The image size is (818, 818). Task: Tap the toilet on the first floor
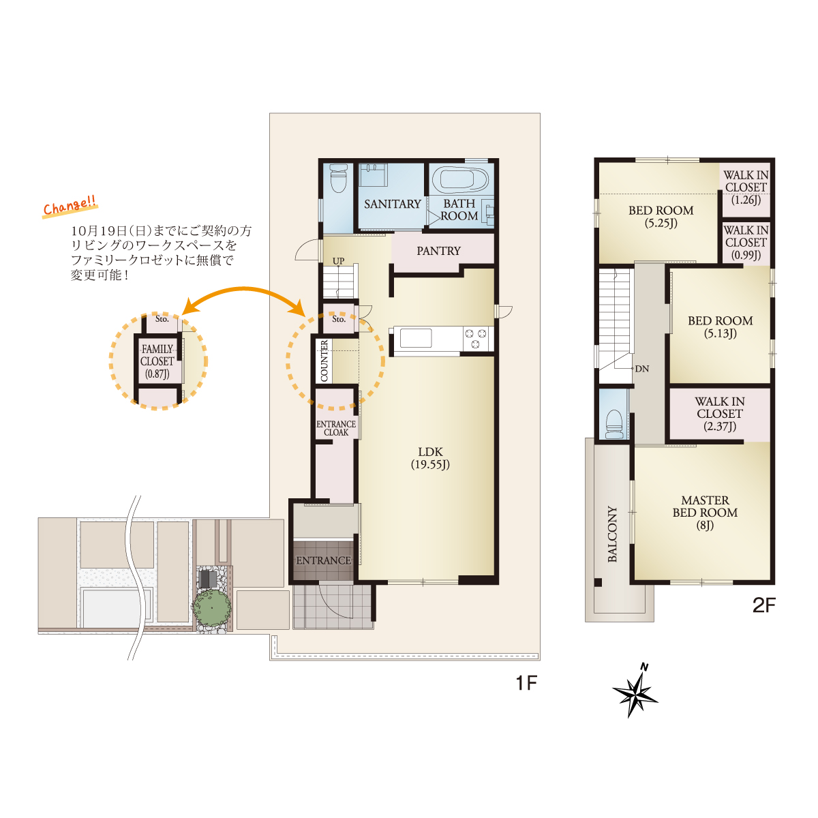click(x=338, y=179)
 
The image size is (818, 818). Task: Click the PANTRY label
click(x=438, y=251)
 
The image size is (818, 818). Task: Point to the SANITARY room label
click(x=392, y=204)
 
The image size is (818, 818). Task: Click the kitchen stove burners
click(x=475, y=339)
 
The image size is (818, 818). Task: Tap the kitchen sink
click(x=416, y=339)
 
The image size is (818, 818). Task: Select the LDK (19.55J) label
click(x=430, y=458)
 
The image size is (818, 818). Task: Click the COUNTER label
click(x=324, y=361)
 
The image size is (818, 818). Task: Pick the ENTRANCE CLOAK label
click(x=336, y=428)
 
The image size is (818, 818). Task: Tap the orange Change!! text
click(x=70, y=207)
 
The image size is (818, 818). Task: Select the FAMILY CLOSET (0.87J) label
click(x=157, y=361)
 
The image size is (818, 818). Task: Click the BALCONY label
click(x=612, y=534)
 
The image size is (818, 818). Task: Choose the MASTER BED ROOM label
click(x=705, y=513)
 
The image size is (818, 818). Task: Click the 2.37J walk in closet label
click(x=720, y=414)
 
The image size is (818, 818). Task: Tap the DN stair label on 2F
click(x=642, y=369)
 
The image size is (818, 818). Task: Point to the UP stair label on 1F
click(x=338, y=261)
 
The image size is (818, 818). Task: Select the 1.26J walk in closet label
click(x=746, y=187)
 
